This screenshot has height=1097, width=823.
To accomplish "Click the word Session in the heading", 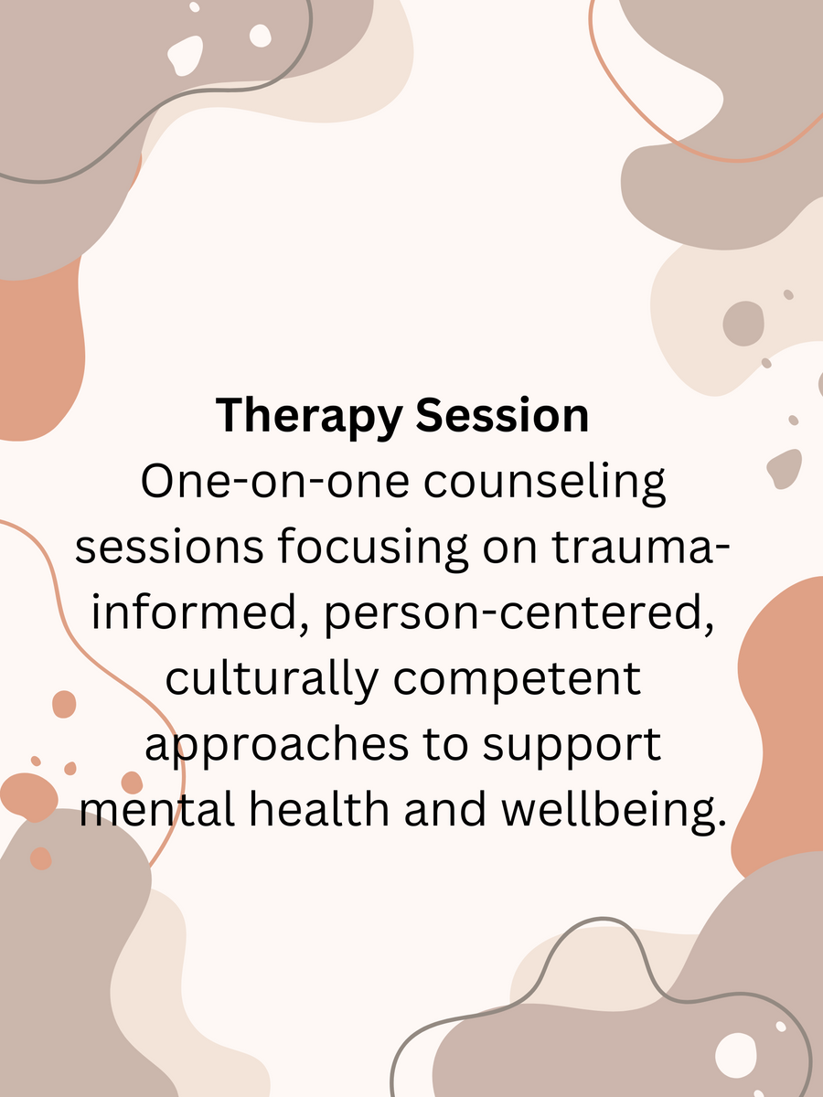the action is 502,415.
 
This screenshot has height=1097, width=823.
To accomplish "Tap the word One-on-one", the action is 275,481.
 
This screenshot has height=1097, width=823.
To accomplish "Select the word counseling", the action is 545,483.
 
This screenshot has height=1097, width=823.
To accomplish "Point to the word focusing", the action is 373,548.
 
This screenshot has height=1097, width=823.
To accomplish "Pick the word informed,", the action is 200,612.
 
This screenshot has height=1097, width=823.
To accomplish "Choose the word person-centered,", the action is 518,614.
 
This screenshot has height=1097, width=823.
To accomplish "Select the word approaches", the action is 277,746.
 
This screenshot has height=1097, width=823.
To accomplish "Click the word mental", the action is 157,810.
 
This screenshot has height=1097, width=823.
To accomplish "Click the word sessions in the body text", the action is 169,548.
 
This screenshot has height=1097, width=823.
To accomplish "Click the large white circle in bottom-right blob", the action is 735,1056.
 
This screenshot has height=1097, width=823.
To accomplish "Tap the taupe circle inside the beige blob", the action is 743,324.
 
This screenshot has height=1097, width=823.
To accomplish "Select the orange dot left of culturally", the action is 64,704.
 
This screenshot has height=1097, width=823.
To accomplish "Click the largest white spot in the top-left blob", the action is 186,55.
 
